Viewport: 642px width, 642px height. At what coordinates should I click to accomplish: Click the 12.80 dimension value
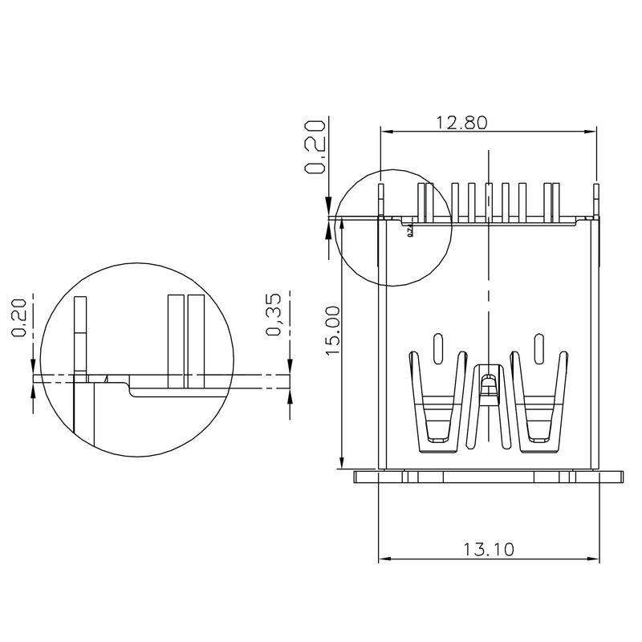pyautogui.click(x=461, y=122)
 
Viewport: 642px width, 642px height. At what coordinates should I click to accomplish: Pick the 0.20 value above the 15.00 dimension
pyautogui.click(x=315, y=147)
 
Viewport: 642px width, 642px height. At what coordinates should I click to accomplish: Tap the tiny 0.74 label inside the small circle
pyautogui.click(x=409, y=231)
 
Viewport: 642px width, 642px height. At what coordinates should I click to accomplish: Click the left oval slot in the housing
pyautogui.click(x=437, y=347)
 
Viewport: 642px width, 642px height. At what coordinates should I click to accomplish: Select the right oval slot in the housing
pyautogui.click(x=536, y=347)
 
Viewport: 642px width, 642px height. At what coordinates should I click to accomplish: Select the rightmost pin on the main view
pyautogui.click(x=596, y=201)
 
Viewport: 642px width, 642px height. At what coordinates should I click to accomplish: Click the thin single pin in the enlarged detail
pyautogui.click(x=79, y=337)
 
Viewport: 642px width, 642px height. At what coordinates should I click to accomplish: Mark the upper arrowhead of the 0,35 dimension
pyautogui.click(x=289, y=369)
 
